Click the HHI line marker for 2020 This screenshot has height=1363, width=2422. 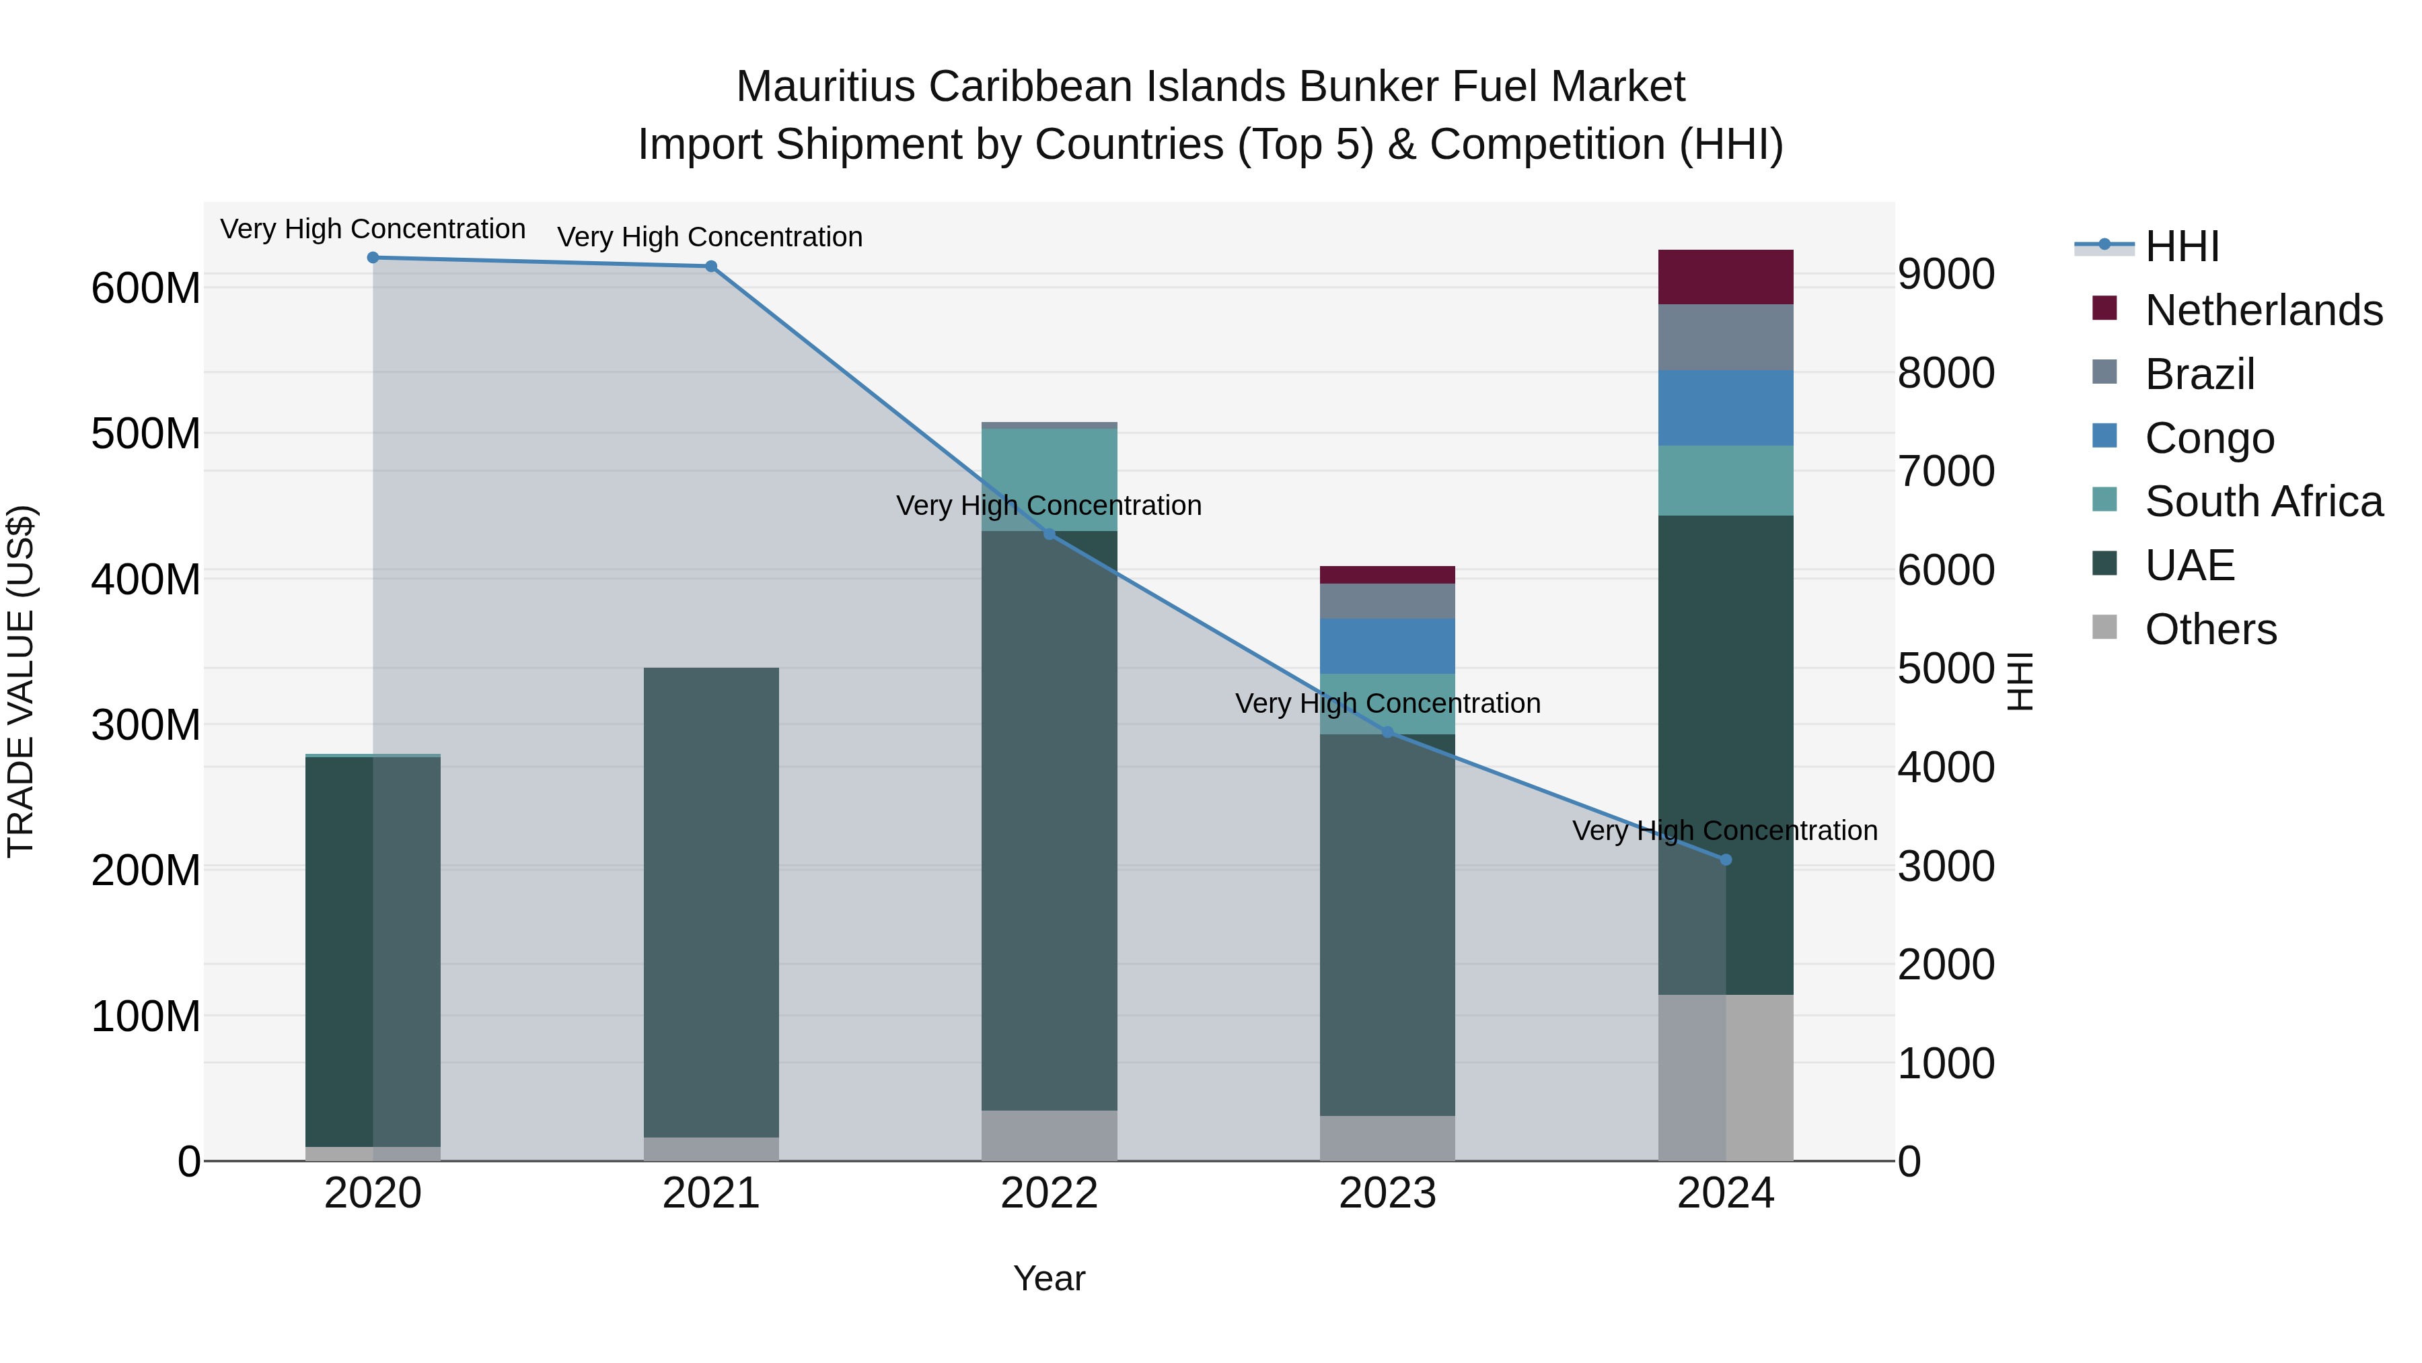click(x=373, y=258)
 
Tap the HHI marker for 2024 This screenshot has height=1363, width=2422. click(x=1725, y=860)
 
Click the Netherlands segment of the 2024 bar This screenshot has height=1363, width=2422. click(x=1725, y=277)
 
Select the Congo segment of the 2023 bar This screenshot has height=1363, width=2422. click(x=1388, y=646)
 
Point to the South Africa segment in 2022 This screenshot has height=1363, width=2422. click(x=1050, y=480)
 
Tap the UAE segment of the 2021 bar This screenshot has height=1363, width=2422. click(x=711, y=903)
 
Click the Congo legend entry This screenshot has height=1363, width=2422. click(x=2209, y=438)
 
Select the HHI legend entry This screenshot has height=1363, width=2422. click(x=2181, y=246)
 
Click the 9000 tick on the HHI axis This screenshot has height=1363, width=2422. click(x=1945, y=275)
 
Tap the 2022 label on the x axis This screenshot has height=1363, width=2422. click(x=1050, y=1193)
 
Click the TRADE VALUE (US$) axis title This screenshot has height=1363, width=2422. click(x=21, y=681)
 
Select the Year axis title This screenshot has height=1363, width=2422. click(x=1050, y=1278)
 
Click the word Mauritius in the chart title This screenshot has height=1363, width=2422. click(x=825, y=87)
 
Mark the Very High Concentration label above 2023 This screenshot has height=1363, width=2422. click(x=1388, y=703)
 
